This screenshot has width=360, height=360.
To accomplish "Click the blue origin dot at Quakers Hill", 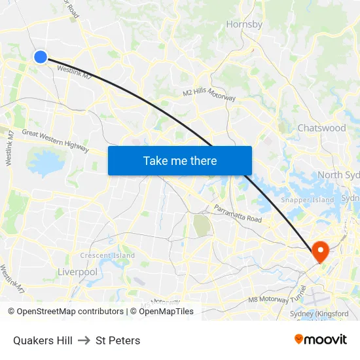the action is (x=41, y=57).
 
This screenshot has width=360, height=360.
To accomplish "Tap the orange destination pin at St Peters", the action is (x=321, y=251).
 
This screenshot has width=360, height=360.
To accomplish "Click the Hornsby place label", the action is (x=244, y=25).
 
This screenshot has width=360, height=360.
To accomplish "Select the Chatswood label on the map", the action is (x=321, y=128).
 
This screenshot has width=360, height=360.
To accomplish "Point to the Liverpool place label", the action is (x=77, y=272).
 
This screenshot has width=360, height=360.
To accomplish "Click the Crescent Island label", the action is (x=107, y=255).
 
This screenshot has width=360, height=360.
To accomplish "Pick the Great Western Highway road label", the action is (x=56, y=141).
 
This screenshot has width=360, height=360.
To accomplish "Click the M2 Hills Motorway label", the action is (x=209, y=94).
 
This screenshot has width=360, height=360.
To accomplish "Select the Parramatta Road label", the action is (x=238, y=213).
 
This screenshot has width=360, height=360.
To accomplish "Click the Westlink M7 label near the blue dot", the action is (x=75, y=72).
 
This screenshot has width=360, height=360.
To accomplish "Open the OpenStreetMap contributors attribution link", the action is (x=65, y=312).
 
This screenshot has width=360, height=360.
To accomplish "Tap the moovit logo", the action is (x=320, y=339).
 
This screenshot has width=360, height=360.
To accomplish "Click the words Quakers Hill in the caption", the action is (x=43, y=340).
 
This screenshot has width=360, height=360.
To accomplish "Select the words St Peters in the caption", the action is (x=118, y=340).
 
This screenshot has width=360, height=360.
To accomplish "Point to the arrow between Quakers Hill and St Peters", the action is (x=84, y=340).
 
